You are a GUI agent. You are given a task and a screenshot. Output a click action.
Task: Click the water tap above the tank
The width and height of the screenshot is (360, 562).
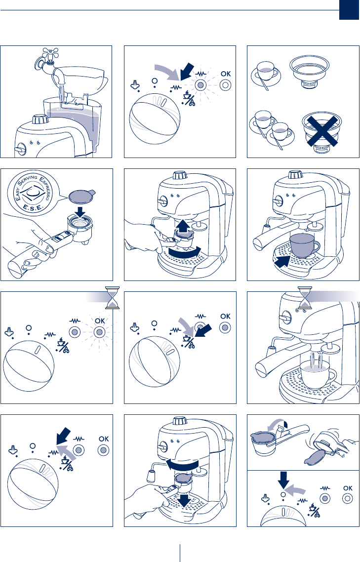(48, 61)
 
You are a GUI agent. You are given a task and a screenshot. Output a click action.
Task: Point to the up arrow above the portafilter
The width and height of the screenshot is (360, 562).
(183, 225)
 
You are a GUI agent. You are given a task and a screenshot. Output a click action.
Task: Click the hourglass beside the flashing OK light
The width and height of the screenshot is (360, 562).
(112, 297)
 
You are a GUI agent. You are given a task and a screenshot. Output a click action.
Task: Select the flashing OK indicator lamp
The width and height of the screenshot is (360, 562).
(99, 332)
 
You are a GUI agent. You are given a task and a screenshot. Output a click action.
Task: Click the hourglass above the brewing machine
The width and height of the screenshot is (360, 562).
(305, 297)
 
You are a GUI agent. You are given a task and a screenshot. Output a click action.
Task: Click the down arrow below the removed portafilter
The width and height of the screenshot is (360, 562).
(184, 500)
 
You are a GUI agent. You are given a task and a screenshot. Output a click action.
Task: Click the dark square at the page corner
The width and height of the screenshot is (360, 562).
(349, 10)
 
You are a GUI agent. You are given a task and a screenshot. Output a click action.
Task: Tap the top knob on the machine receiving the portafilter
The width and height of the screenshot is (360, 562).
(179, 176)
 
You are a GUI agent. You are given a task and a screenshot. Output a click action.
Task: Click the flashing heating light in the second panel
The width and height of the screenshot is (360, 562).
(200, 85)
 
